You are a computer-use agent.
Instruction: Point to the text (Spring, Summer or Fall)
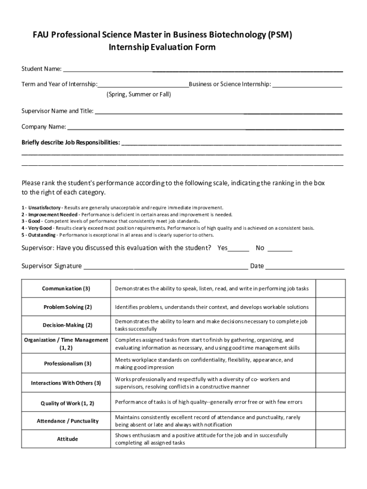(x=138, y=95)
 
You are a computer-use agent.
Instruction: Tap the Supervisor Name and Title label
(x=57, y=111)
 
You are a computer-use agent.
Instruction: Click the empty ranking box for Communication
(x=331, y=288)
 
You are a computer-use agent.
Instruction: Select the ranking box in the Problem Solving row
(x=331, y=307)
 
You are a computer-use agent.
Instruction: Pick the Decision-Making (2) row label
(x=67, y=325)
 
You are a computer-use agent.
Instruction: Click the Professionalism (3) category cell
(x=67, y=364)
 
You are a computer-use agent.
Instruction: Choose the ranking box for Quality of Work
(x=331, y=403)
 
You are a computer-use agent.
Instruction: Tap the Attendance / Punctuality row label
(x=67, y=421)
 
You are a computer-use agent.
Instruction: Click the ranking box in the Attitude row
(x=331, y=439)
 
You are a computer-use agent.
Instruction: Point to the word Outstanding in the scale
(x=41, y=235)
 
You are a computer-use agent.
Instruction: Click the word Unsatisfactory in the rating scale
(x=44, y=208)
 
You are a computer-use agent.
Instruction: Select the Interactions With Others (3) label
(x=66, y=383)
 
